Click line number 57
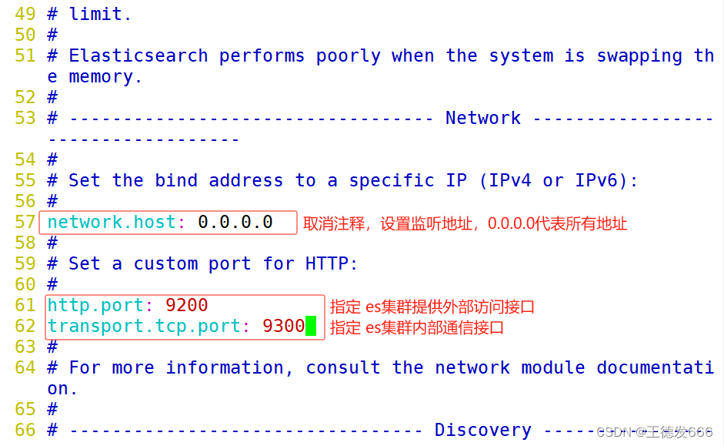click(x=25, y=222)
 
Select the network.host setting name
click(x=112, y=222)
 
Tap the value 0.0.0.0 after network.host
click(x=235, y=222)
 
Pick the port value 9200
click(x=187, y=305)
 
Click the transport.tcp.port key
click(x=144, y=326)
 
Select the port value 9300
click(x=284, y=326)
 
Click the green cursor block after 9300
click(x=311, y=326)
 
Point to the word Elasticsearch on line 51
click(x=138, y=55)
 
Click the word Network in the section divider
click(x=483, y=118)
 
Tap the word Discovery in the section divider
click(x=483, y=430)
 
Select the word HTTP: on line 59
click(x=332, y=263)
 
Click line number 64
click(x=25, y=367)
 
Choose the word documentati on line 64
click(x=655, y=367)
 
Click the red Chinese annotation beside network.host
click(x=465, y=223)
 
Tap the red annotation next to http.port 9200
click(x=432, y=307)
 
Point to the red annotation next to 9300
click(x=417, y=327)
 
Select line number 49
click(x=25, y=14)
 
